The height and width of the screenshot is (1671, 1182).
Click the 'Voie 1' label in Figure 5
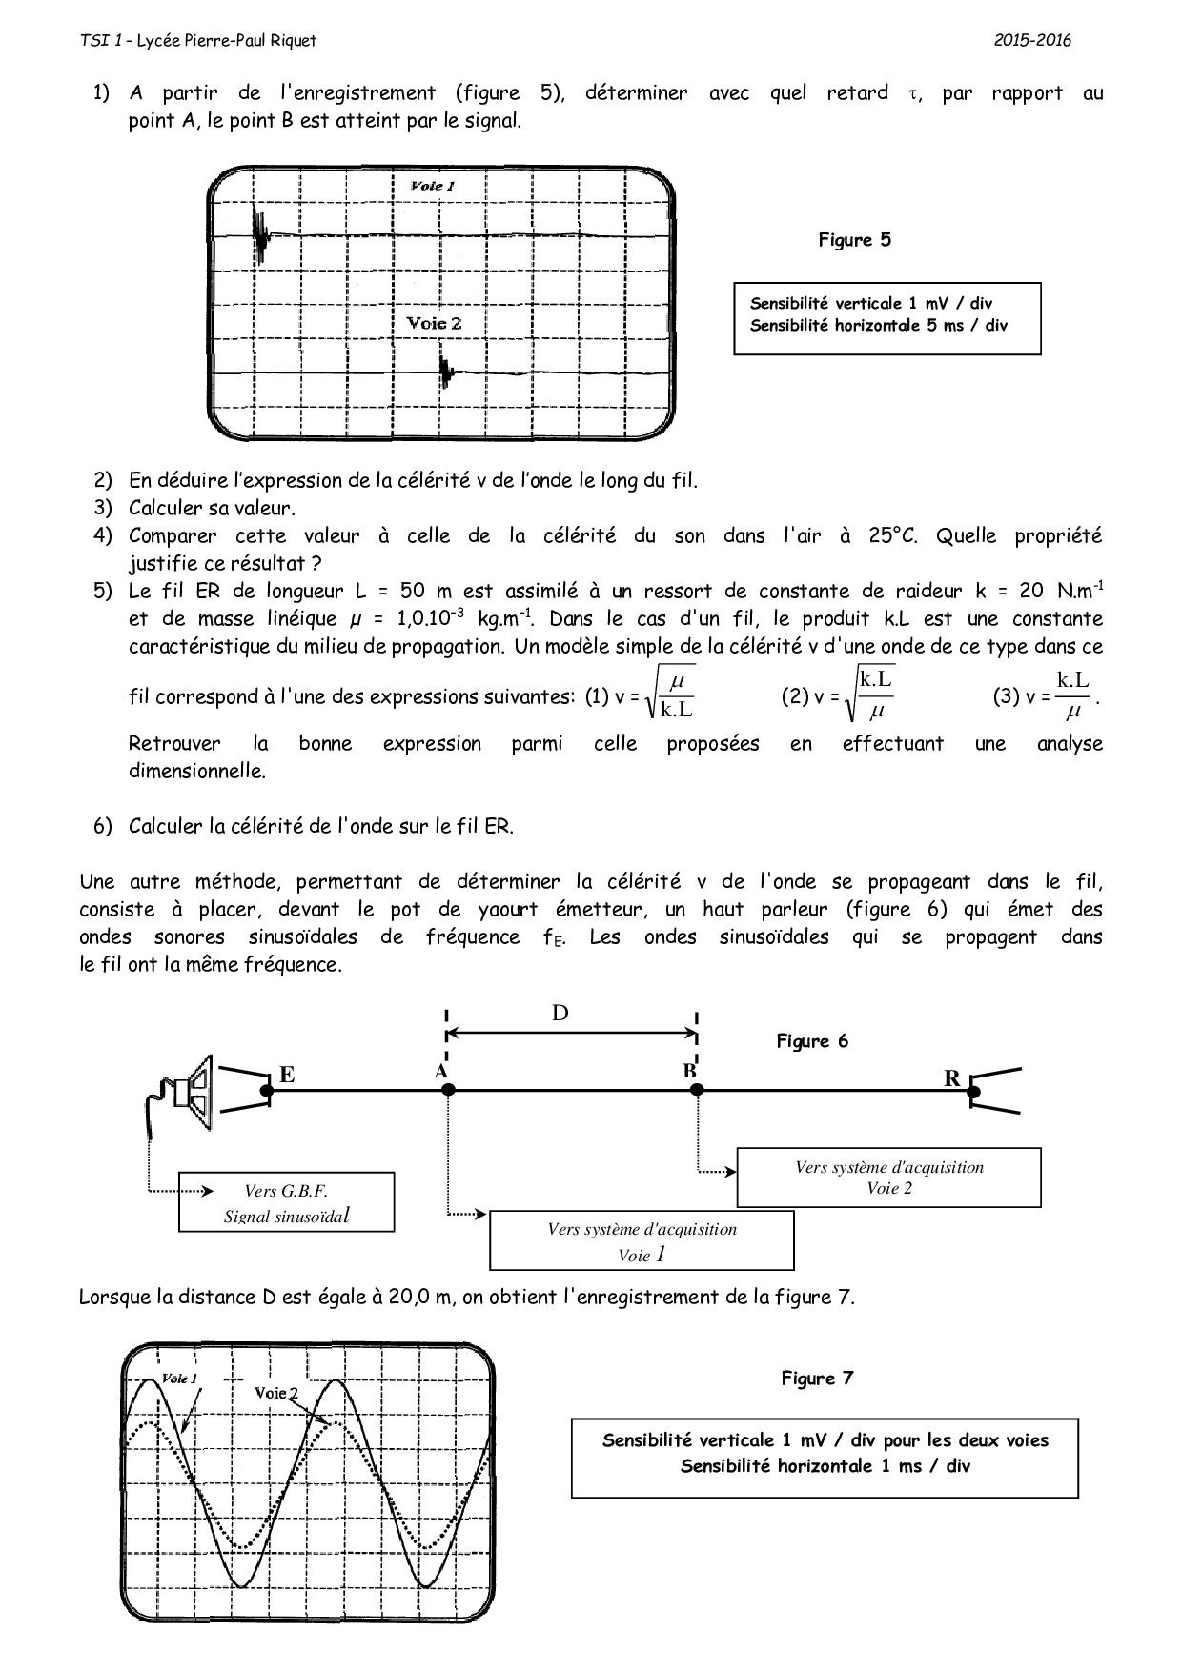coord(432,186)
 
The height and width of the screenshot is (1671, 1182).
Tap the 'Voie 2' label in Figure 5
coord(434,323)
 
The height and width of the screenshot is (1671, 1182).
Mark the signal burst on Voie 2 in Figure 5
coord(445,371)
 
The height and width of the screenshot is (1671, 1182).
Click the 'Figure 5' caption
coord(854,240)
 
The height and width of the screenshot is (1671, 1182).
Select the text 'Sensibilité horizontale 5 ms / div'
coord(878,326)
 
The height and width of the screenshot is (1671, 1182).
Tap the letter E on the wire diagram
coord(286,1076)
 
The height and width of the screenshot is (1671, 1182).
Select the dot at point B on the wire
coord(697,1089)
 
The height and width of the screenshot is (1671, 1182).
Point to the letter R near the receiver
coord(951,1078)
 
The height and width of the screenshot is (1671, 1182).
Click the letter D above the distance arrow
coord(560,1012)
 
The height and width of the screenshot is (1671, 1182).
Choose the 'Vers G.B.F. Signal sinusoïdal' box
coord(286,1202)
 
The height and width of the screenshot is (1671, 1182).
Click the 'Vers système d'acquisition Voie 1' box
coord(642,1241)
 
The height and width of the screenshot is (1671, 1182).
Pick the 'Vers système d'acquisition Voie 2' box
coord(888,1178)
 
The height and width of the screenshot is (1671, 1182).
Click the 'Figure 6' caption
coord(811,1041)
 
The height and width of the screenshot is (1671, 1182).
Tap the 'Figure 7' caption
coord(817,1379)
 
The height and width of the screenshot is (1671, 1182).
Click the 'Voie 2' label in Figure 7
coord(275,1393)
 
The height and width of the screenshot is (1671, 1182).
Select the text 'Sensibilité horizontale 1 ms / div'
coord(825,1466)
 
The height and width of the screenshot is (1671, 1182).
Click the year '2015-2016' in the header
coord(1032,40)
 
